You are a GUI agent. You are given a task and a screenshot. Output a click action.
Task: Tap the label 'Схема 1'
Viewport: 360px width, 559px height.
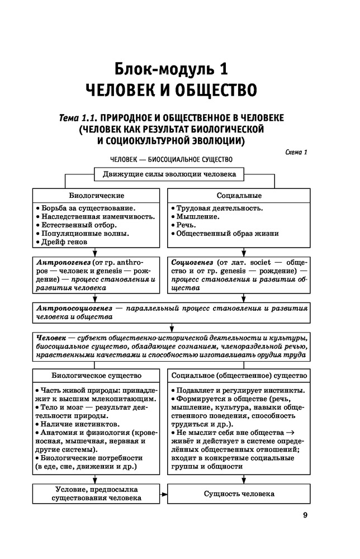click(x=296, y=151)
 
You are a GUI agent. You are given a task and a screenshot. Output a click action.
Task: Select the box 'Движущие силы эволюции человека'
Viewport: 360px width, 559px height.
click(x=169, y=174)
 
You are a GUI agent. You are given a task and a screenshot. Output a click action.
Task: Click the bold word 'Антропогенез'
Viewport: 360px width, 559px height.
click(x=61, y=262)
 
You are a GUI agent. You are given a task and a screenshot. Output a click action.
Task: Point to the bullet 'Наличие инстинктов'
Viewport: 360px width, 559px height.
click(x=70, y=425)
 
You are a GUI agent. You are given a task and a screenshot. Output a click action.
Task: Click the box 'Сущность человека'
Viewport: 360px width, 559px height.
click(x=239, y=495)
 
